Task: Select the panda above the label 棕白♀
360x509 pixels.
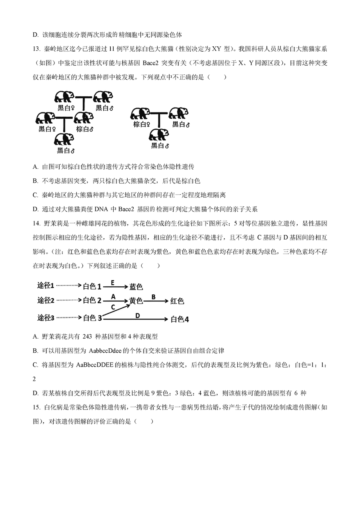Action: (x=140, y=115)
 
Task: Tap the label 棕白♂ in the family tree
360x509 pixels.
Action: (x=85, y=129)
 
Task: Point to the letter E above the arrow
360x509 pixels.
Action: (x=112, y=282)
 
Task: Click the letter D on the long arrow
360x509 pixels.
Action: (x=137, y=315)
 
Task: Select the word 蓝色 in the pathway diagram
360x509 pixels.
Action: (x=136, y=287)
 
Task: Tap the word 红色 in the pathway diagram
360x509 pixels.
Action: (x=177, y=301)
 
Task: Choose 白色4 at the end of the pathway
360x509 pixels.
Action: (x=180, y=319)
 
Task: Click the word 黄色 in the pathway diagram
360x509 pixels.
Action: (x=136, y=301)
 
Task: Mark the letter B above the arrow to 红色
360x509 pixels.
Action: (x=153, y=297)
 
